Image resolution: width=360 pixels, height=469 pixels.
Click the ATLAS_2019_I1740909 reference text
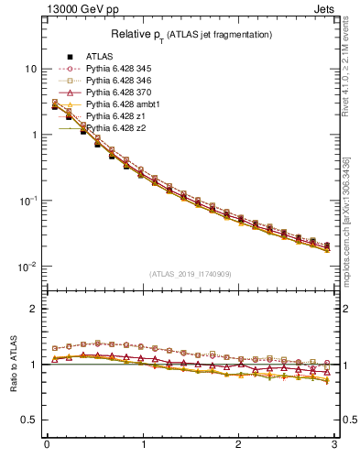point(191,274)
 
